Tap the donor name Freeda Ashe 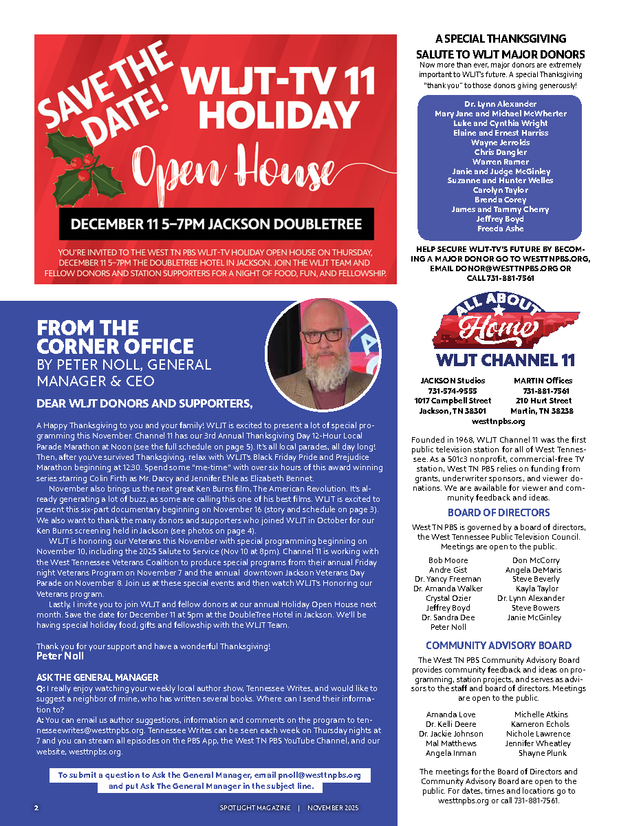coord(500,229)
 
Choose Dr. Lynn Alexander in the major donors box coord(500,104)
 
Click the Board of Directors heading coord(499,513)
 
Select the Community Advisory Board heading coord(499,646)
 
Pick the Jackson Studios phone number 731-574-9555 coord(452,390)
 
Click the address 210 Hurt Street coord(543,401)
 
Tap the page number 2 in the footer coord(36,807)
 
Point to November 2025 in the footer coord(333,807)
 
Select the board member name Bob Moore coord(448,561)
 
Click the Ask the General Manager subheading coord(97,677)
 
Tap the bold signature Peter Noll coord(60,656)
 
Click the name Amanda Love coord(450,715)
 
